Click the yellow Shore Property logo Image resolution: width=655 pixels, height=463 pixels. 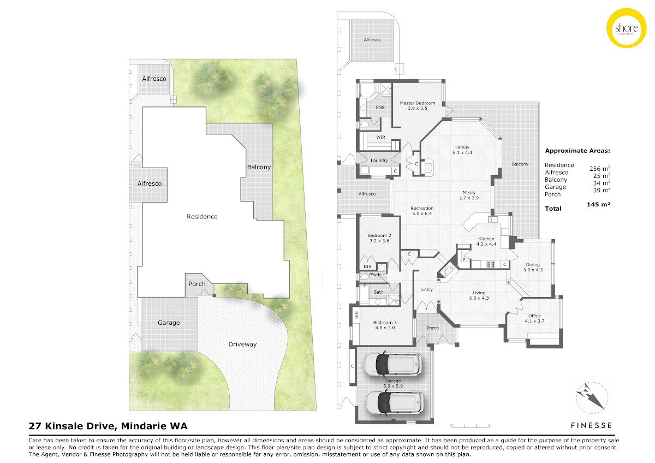[x=627, y=28]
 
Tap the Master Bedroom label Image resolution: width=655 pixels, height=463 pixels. [x=417, y=105]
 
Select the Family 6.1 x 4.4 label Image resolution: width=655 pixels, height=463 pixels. [x=462, y=150]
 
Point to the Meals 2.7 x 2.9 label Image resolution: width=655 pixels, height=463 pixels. [x=469, y=195]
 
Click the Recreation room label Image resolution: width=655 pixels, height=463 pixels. [x=422, y=211]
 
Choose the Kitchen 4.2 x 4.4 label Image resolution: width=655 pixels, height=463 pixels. [x=486, y=241]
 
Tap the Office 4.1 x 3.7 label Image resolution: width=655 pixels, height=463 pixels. [x=534, y=318]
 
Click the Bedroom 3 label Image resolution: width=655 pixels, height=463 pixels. [x=385, y=325]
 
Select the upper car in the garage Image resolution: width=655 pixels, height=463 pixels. [x=392, y=365]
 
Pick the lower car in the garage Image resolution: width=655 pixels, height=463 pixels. [x=394, y=403]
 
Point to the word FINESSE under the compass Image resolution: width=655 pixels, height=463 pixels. [x=591, y=425]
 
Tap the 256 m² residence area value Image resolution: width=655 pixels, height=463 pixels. [x=599, y=169]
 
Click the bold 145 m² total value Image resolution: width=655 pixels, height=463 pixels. [x=598, y=204]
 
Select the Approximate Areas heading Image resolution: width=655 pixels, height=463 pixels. [x=577, y=151]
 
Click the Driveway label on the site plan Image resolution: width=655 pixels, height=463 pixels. [x=242, y=345]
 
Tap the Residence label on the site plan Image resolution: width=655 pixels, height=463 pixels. [x=202, y=216]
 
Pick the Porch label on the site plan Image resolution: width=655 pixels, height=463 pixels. [x=197, y=284]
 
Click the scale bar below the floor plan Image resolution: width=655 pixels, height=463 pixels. [x=470, y=426]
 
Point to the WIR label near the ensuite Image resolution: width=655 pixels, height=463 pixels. [x=380, y=137]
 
